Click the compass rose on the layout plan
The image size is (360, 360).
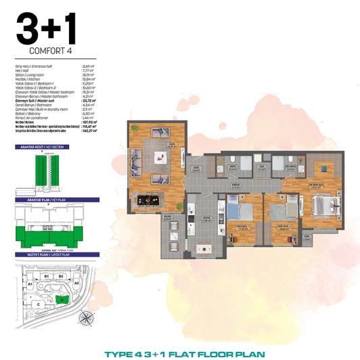coord(86,319)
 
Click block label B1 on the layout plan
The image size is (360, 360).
coord(47,276)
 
